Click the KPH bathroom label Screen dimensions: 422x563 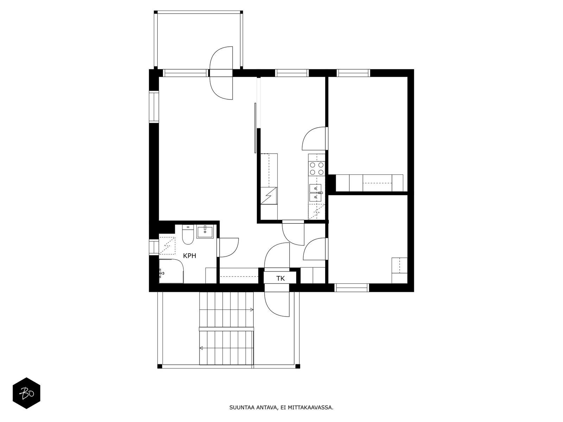(190, 256)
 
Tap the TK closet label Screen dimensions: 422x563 (280, 279)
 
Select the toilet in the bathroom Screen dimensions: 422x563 (187, 235)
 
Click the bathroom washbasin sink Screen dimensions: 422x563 (205, 232)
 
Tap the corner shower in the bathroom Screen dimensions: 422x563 (171, 271)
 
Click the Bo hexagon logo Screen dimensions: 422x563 (27, 393)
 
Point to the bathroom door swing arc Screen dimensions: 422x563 (229, 247)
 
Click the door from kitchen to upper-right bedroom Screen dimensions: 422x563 (314, 138)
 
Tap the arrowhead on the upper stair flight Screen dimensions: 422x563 (252, 309)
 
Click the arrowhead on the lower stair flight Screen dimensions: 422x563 (201, 348)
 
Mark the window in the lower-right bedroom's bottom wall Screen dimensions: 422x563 (352, 288)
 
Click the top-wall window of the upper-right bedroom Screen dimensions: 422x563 (354, 73)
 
